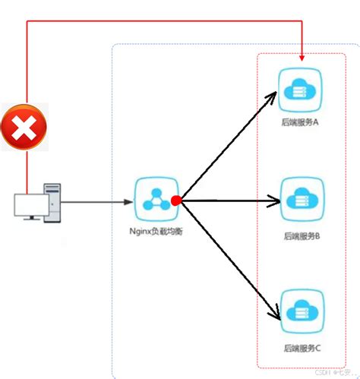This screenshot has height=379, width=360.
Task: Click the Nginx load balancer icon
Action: click(155, 199)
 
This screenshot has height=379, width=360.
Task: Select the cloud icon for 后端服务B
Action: click(302, 200)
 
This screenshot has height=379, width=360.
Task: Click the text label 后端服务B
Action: click(301, 235)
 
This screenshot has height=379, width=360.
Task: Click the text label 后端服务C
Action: click(301, 348)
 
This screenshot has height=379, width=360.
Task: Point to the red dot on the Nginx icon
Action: click(175, 201)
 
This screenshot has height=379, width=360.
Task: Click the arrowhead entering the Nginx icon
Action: click(129, 202)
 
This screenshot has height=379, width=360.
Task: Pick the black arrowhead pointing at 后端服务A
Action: click(275, 95)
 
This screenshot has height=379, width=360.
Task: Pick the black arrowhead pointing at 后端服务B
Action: click(276, 201)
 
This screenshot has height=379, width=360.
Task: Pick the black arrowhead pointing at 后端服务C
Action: click(275, 312)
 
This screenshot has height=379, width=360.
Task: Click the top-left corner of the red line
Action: click(27, 23)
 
